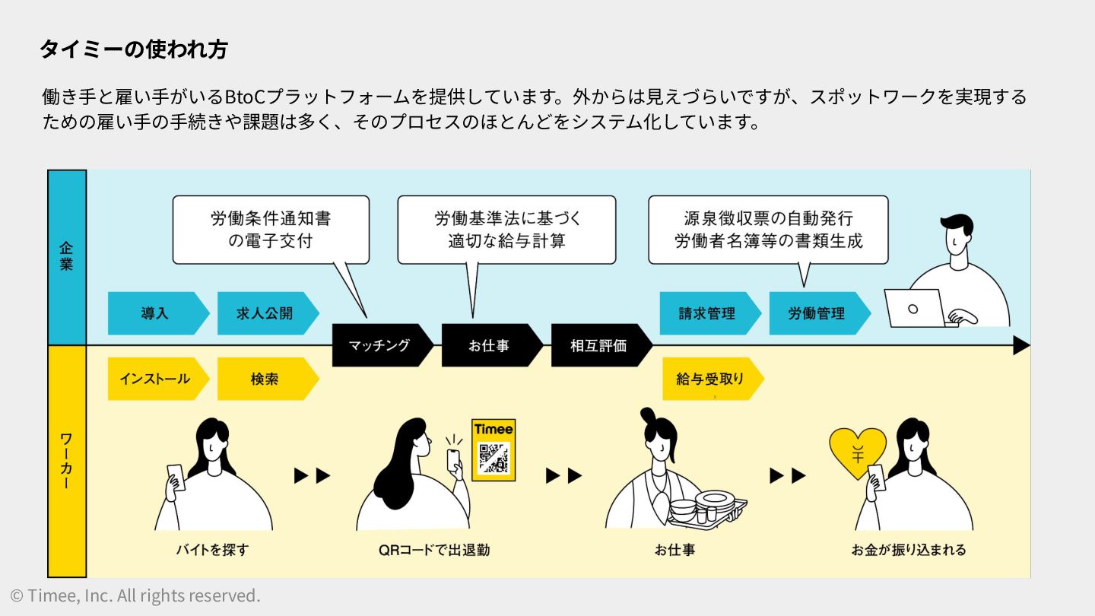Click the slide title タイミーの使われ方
(133, 50)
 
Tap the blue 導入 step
(155, 313)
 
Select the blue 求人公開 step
(265, 313)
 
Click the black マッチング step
(379, 345)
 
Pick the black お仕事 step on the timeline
(489, 345)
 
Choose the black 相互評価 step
(598, 345)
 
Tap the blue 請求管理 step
(707, 313)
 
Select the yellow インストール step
(154, 379)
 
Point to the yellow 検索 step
(265, 379)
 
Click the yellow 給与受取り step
(709, 379)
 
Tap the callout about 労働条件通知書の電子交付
(271, 230)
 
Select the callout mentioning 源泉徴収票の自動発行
(768, 230)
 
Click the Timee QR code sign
(494, 449)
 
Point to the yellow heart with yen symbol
(857, 452)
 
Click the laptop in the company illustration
(914, 308)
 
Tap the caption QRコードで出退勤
(434, 549)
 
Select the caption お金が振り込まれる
(909, 549)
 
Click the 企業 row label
(67, 257)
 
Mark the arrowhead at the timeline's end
(1021, 345)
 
